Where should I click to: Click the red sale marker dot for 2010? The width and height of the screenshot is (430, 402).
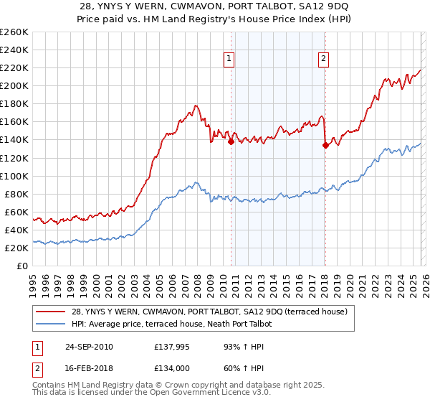pyautogui.click(x=231, y=142)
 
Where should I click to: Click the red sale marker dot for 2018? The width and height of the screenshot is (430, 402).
pyautogui.click(x=325, y=145)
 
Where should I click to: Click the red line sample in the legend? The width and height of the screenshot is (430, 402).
pyautogui.click(x=50, y=312)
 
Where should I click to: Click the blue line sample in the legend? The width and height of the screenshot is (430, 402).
pyautogui.click(x=50, y=324)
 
